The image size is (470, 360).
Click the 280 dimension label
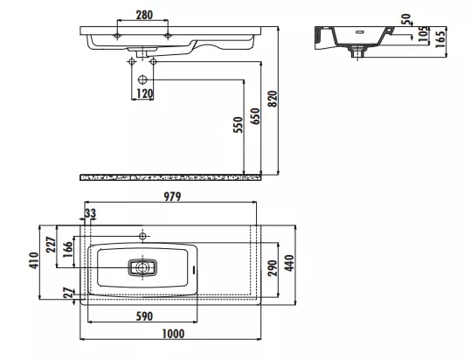(x=144, y=15)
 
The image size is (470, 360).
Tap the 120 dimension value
(x=144, y=93)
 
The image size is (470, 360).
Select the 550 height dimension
(x=238, y=125)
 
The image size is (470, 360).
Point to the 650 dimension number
(x=256, y=116)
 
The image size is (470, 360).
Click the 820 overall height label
(x=273, y=99)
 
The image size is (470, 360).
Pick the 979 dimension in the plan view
(x=172, y=197)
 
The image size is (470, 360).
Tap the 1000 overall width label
(x=173, y=334)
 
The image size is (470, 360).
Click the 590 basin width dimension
(x=144, y=316)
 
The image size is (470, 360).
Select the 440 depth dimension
(x=289, y=263)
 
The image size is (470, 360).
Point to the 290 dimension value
(x=273, y=268)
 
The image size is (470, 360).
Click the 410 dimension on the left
(x=33, y=260)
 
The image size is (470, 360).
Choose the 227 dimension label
(x=51, y=245)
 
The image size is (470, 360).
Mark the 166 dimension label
(x=68, y=250)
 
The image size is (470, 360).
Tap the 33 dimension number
(x=90, y=214)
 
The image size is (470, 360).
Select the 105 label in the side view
(x=423, y=34)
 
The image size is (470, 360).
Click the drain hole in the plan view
(x=142, y=267)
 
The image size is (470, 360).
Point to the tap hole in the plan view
(x=142, y=236)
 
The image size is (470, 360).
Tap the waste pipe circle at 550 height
(x=142, y=80)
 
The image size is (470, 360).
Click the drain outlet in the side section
(x=357, y=52)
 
